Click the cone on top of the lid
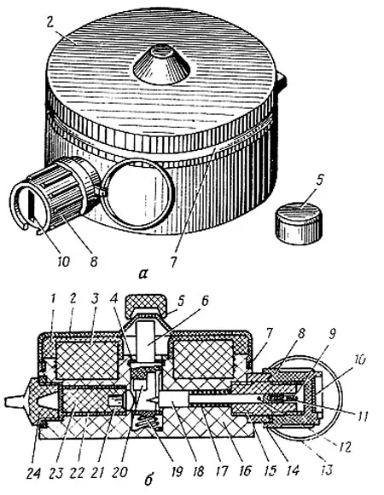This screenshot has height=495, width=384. [x=161, y=66]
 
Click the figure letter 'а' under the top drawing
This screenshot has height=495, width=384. [x=143, y=273]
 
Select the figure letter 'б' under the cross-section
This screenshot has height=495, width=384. [x=148, y=479]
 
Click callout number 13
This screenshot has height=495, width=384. [x=327, y=469]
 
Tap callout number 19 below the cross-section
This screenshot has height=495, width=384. [x=177, y=472]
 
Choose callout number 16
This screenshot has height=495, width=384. [x=245, y=471]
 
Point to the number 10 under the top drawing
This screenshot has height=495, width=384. [x=64, y=262]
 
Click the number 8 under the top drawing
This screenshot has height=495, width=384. [x=94, y=262]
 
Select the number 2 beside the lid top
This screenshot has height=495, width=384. [x=49, y=23]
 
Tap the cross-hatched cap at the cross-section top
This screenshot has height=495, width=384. [x=146, y=304]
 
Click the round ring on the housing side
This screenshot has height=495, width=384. [x=137, y=193]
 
